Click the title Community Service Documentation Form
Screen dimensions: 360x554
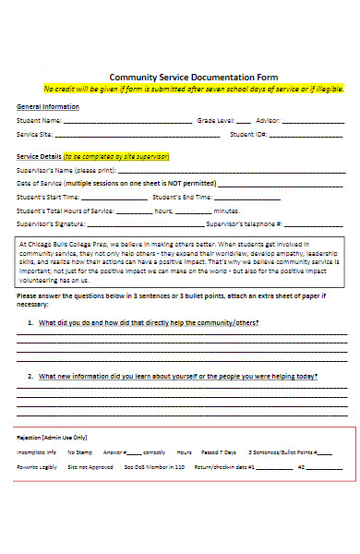193,78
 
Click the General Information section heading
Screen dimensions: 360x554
48,106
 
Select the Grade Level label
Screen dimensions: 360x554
216,120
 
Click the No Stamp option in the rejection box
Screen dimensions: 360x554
78,452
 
